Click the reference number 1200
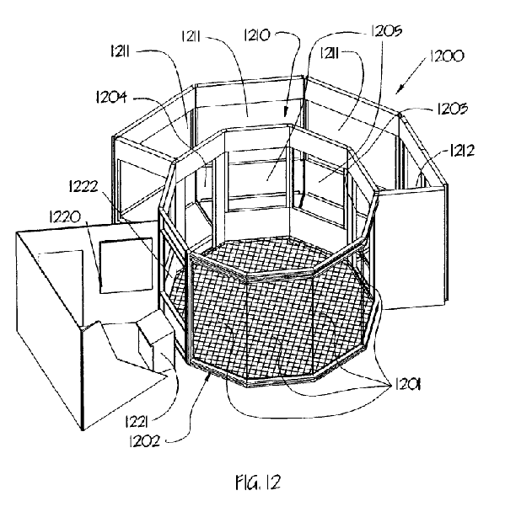pos(447,56)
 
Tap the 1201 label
pos(408,383)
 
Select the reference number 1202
pos(145,441)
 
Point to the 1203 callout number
pos(452,109)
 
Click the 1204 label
pos(111,98)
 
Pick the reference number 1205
pos(386,30)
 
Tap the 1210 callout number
pos(257,35)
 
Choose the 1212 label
pos(462,151)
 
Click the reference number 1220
pos(65,217)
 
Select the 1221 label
pos(136,422)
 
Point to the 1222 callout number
pos(83,187)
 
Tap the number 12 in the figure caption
pos(273,483)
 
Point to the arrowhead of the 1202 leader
pos(208,376)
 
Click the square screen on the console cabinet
pos(126,266)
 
